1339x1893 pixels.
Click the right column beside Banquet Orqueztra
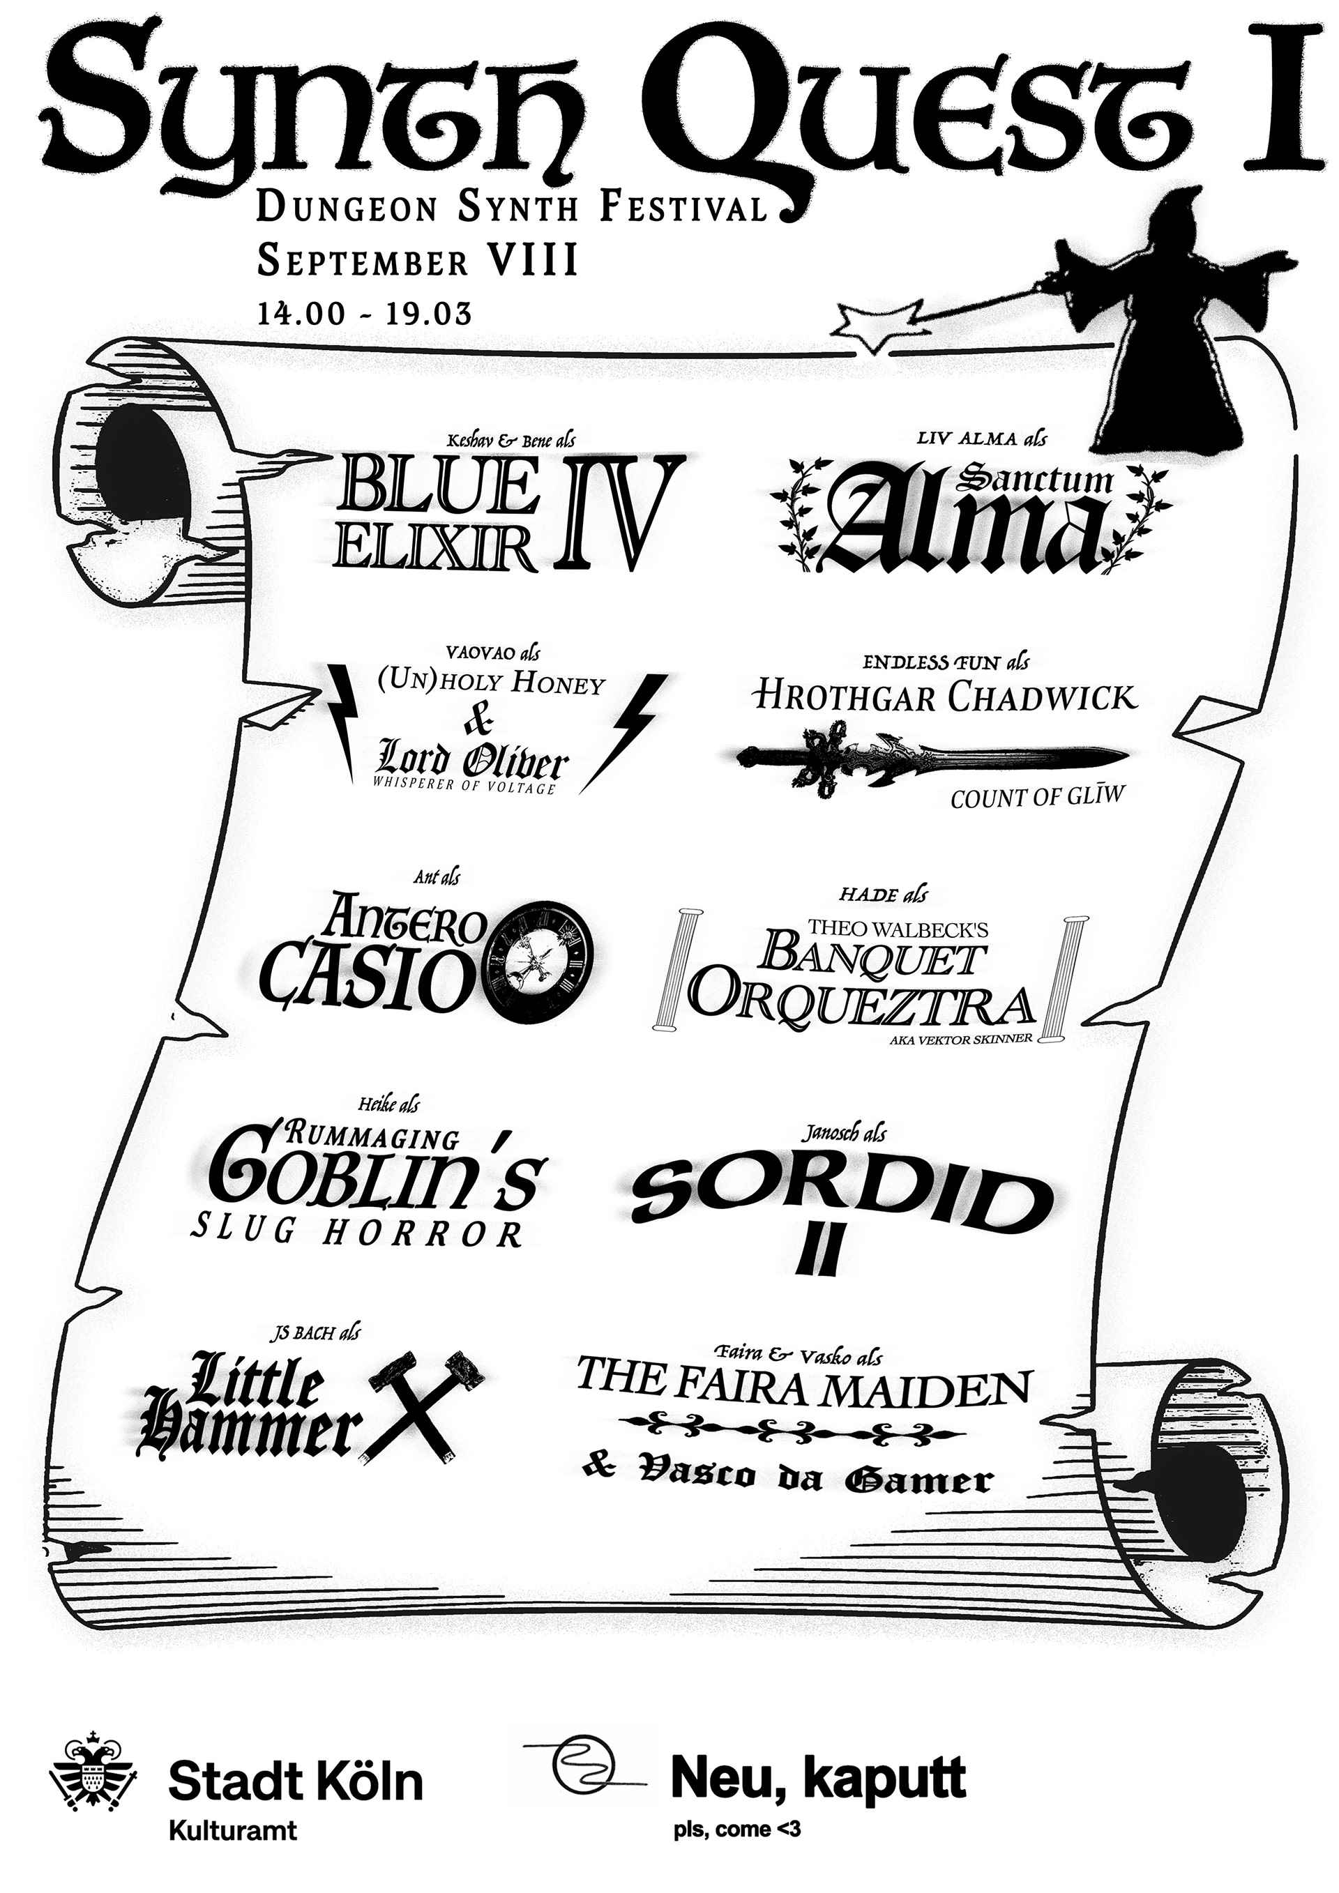coord(1054,976)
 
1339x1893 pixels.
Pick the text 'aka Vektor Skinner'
coord(960,1040)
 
